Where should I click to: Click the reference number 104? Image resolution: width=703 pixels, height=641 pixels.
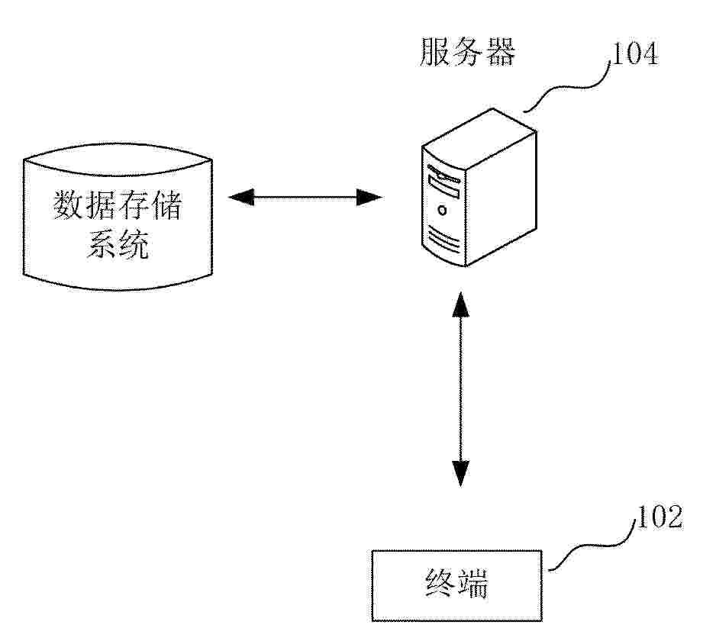[635, 53]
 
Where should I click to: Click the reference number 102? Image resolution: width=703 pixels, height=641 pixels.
[659, 517]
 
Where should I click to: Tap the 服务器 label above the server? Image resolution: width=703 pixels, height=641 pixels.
[468, 52]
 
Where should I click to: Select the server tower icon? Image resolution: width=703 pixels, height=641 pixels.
[479, 188]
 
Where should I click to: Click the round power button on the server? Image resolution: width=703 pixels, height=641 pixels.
[443, 211]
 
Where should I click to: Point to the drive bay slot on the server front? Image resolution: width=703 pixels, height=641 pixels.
[443, 187]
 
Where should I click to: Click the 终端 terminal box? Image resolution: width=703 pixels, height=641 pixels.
[457, 585]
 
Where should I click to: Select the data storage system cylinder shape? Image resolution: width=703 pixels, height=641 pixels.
[118, 217]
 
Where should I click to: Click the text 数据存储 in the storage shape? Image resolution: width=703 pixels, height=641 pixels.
[118, 205]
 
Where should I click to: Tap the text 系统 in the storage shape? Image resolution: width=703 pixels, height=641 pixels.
[118, 244]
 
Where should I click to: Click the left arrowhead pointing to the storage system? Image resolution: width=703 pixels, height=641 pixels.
[241, 197]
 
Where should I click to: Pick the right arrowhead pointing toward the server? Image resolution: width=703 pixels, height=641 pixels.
[369, 197]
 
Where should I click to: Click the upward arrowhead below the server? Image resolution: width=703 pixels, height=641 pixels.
[460, 304]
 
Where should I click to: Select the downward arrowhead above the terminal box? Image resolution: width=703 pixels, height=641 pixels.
[460, 474]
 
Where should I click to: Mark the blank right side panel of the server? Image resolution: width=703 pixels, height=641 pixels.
[502, 196]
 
